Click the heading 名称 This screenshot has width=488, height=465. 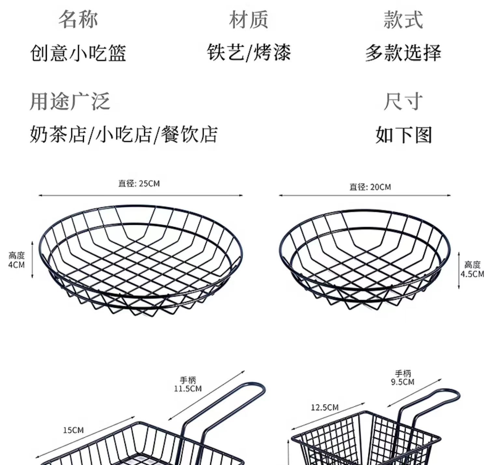pos(78,20)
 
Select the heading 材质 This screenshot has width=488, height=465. pos(249,20)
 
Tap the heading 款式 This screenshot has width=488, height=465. pos(403,20)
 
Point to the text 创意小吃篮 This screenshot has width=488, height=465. pos(78,53)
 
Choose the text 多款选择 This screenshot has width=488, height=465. pos(403,53)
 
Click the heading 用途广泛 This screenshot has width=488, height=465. pos(70,101)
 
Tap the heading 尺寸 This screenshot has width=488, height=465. pos(403,101)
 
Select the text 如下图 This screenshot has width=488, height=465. pos(403,135)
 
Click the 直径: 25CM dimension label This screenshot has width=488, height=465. pos(139,184)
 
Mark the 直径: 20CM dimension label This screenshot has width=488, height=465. pos(370,187)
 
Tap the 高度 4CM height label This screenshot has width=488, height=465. pos(16,260)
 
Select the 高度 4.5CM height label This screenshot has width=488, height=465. pos(472,269)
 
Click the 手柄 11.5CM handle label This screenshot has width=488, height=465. pos(188,384)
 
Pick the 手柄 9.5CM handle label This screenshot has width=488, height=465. pos(403,378)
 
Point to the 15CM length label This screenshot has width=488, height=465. pos(73,430)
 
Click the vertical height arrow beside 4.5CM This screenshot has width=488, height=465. pos(459,270)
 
